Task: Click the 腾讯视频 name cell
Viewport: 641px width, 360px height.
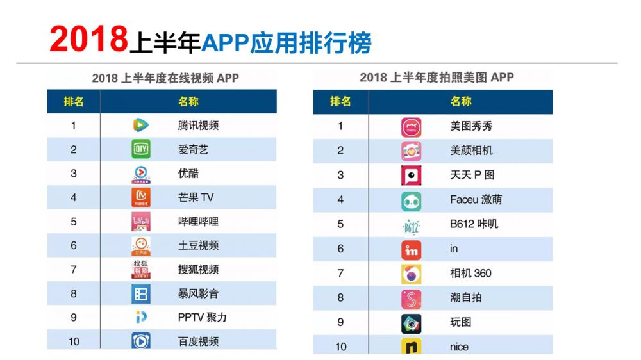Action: coord(198,126)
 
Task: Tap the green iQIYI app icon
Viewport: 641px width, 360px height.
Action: coord(140,149)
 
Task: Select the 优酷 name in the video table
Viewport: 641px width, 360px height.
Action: coord(188,174)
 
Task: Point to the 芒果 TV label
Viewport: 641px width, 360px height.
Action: coord(196,197)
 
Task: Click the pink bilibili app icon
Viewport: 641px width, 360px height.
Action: coord(140,222)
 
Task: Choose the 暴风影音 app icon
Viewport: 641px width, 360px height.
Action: coord(140,293)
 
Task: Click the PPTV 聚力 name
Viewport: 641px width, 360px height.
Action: coord(202,317)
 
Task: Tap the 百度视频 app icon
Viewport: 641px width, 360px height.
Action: coord(140,341)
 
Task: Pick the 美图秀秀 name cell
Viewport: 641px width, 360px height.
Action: coord(471,126)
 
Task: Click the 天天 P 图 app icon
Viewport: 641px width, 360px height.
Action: coord(411,175)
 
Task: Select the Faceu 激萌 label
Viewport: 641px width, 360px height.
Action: coord(476,200)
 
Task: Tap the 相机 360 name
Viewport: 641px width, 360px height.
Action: coord(470,274)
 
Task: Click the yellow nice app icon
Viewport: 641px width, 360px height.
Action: coord(411,347)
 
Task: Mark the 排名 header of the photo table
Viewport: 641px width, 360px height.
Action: coord(340,101)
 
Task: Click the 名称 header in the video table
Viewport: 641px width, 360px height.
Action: coord(188,101)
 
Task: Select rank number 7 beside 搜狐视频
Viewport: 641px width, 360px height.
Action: coord(74,270)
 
